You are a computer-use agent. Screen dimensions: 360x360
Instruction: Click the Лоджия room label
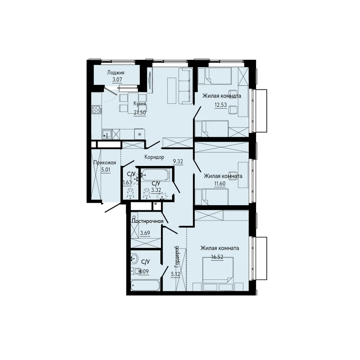tap(116, 73)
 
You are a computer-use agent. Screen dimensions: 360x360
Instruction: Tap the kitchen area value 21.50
tap(140, 112)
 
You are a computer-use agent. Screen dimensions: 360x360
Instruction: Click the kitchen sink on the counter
tap(107, 134)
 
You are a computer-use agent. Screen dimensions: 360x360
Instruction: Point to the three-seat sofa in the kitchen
tap(185, 86)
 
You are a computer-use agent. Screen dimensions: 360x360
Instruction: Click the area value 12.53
tap(221, 105)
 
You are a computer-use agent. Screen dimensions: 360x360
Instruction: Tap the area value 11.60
tap(220, 184)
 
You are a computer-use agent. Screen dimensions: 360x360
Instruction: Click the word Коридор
tap(154, 157)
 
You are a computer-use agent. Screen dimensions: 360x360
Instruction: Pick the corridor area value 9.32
tap(178, 161)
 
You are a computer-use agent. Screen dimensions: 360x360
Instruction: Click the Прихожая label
tap(105, 163)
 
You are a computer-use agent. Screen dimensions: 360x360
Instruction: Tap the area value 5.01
tap(105, 170)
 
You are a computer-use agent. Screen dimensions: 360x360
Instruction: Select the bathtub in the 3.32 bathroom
tap(155, 175)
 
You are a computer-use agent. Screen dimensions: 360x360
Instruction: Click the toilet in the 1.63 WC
tap(130, 193)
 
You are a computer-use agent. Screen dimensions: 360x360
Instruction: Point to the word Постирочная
tap(148, 221)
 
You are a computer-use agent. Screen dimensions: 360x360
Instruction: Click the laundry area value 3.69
tap(145, 233)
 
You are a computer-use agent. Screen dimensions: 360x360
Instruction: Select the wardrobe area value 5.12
tap(175, 274)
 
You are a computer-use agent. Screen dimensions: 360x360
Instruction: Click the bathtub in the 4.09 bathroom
tap(145, 285)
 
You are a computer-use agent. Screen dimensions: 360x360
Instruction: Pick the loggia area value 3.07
tap(117, 80)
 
